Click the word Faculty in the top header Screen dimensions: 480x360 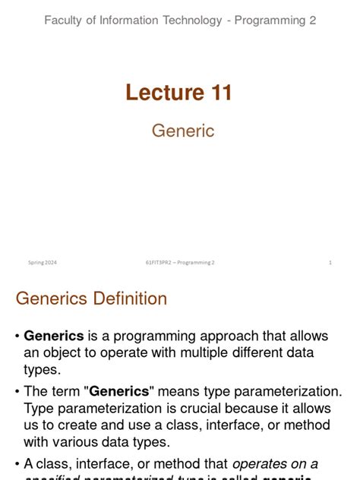pyautogui.click(x=65, y=21)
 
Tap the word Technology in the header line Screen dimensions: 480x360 pyautogui.click(x=194, y=21)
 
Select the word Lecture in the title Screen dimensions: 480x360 pyautogui.click(x=156, y=93)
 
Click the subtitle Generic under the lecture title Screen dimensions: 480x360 pyautogui.click(x=183, y=131)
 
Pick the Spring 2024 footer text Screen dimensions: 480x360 pyautogui.click(x=43, y=263)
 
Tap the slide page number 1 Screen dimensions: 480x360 pyautogui.click(x=330, y=263)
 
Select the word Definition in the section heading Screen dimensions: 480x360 pyautogui.click(x=129, y=298)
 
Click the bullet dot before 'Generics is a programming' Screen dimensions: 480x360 pyautogui.click(x=17, y=336)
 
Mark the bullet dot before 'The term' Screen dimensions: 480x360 pyautogui.click(x=17, y=392)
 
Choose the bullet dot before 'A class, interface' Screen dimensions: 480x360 pyautogui.click(x=17, y=464)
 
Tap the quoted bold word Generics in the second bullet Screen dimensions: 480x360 pyautogui.click(x=119, y=392)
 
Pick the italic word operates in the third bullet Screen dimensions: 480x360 pyautogui.click(x=263, y=464)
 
